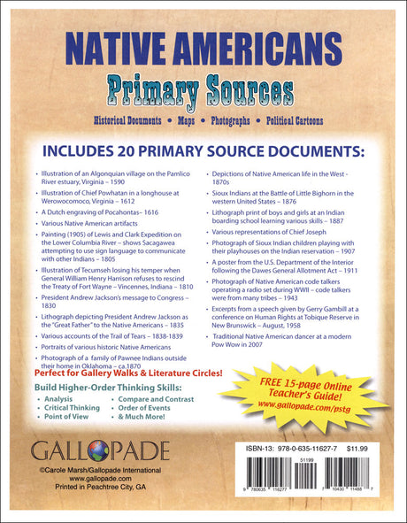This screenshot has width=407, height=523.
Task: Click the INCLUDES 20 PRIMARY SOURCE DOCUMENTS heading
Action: (203, 146)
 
